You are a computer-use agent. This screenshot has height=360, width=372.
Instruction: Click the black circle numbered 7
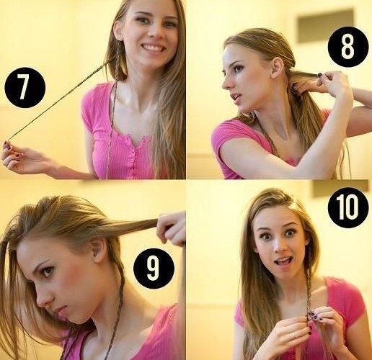pos(25,88)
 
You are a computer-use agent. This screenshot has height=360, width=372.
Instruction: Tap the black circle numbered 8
pos(347,46)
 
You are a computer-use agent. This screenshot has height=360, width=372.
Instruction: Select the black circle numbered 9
pos(154,269)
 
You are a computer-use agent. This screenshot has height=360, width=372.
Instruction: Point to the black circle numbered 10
pos(348,207)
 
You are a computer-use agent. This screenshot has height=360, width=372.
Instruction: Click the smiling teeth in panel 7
pos(153,47)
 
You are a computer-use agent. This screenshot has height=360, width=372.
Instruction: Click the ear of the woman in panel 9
pos(98,251)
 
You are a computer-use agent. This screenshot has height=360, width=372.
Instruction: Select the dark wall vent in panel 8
pos(326,26)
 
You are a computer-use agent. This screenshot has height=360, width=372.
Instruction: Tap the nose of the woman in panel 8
pos(226,82)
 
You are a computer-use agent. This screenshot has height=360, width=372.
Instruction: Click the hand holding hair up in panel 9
pos(171,229)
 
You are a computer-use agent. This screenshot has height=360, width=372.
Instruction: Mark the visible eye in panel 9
pos(48,271)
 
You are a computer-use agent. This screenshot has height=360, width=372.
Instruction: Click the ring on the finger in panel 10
pos(295,336)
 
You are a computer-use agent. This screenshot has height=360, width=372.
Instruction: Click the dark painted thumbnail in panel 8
pos(320,75)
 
